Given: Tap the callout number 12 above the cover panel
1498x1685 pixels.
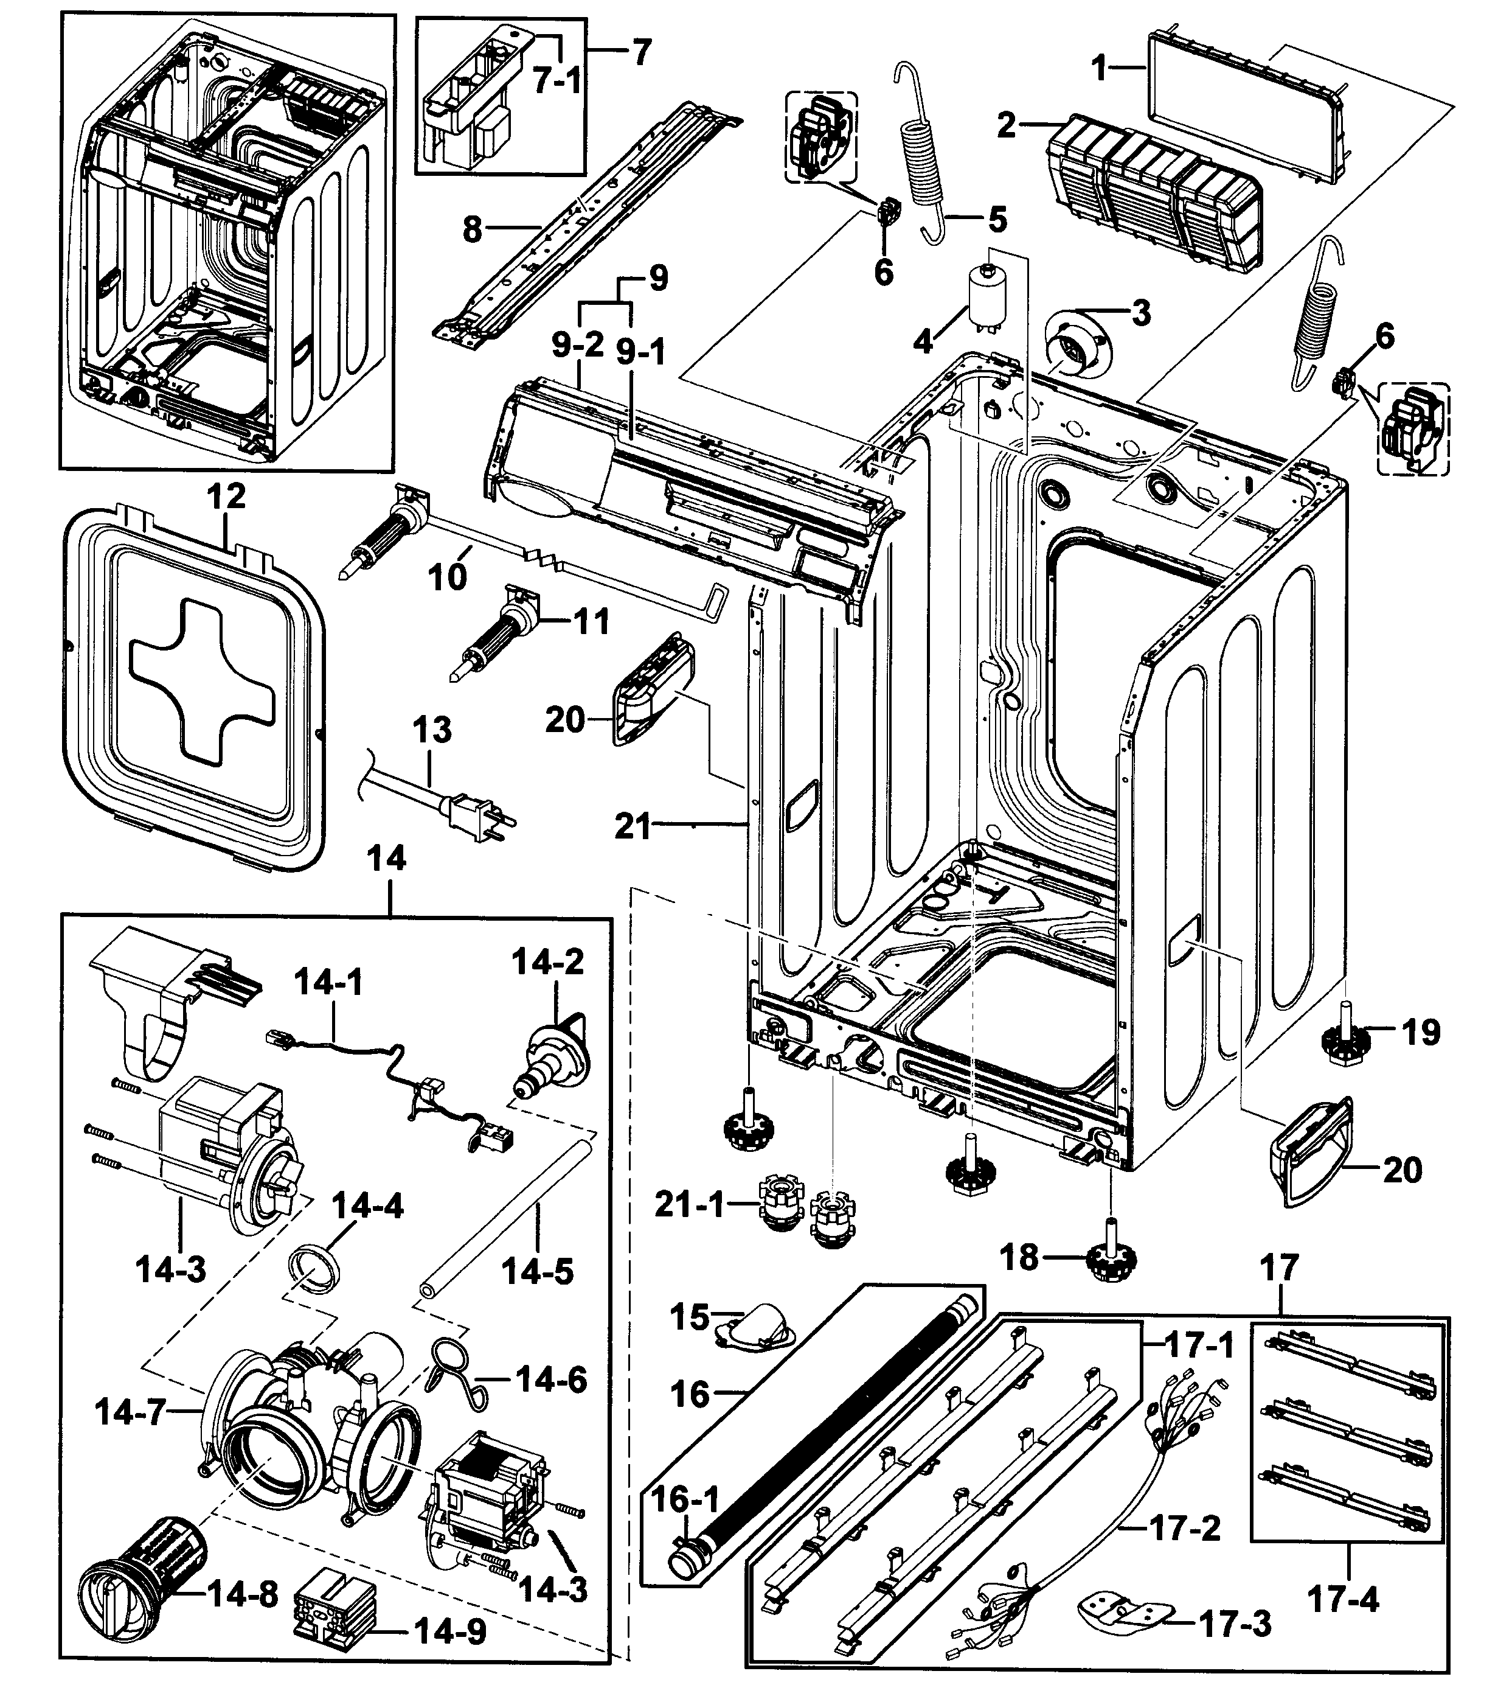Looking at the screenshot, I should pyautogui.click(x=226, y=497).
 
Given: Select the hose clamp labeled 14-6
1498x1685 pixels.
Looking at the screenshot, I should pyautogui.click(x=451, y=1373).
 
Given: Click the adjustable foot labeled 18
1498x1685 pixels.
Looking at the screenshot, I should pyautogui.click(x=1112, y=1257).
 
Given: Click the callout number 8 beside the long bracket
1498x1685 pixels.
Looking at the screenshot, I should pyautogui.click(x=471, y=229).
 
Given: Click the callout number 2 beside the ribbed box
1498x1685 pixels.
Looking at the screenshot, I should pyautogui.click(x=1005, y=125).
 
